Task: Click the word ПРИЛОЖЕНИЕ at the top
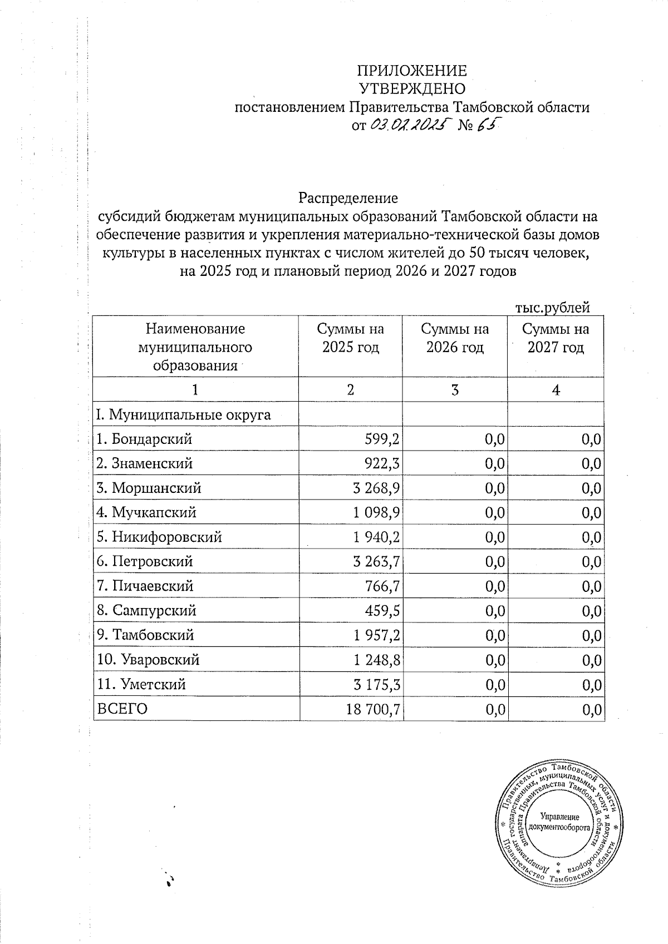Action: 411,71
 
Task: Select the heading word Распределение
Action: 348,198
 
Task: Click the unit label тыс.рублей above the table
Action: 552,307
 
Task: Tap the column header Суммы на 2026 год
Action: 455,338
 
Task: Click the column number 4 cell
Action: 556,390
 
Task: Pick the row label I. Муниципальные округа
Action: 184,414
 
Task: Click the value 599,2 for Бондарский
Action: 381,439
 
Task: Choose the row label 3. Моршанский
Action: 149,488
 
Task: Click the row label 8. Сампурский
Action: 146,611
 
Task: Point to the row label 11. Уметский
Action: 141,684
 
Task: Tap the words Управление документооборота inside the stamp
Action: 559,822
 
